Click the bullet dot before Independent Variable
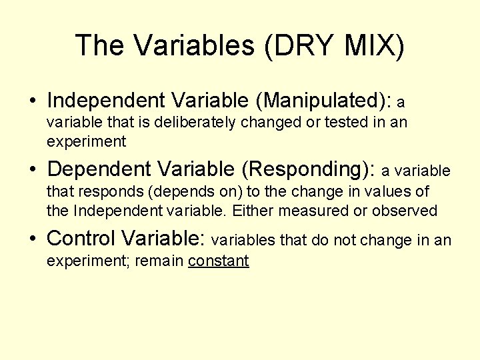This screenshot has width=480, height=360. tap(32, 101)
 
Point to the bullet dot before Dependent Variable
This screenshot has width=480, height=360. tap(32, 170)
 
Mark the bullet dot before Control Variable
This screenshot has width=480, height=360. tap(32, 239)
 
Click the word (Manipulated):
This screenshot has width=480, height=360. tap(324, 101)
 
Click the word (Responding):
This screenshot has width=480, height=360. tap(309, 169)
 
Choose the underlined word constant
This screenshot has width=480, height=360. tap(219, 261)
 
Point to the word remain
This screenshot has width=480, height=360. tap(159, 261)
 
